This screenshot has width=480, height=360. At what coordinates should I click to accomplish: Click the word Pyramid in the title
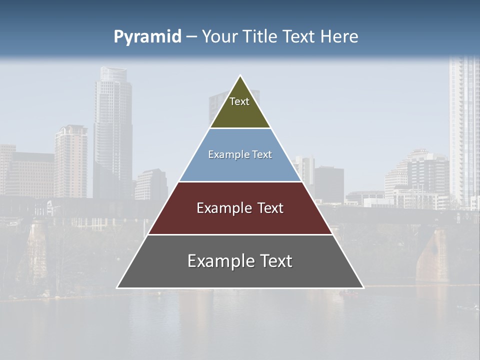click(147, 37)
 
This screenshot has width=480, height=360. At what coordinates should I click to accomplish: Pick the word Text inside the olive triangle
click(239, 101)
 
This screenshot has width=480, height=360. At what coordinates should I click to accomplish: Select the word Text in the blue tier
click(262, 155)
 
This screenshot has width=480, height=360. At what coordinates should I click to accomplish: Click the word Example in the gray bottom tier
click(217, 261)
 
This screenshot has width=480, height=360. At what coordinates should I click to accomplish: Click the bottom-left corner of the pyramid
click(117, 287)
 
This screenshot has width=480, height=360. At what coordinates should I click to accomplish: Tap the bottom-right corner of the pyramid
click(363, 287)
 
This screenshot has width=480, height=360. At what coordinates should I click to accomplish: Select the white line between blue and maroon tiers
click(240, 181)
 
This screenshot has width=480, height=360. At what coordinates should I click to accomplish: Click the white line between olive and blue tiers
click(240, 128)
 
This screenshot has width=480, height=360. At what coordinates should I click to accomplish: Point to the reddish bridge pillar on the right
click(432, 255)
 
